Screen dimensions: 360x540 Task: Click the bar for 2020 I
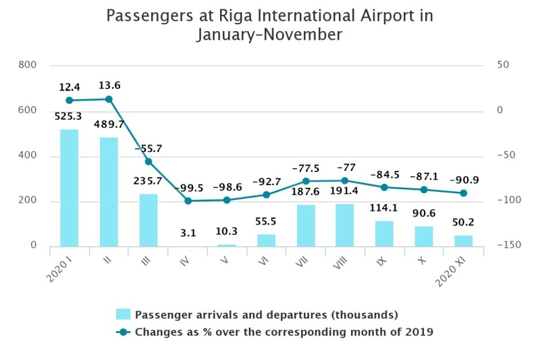[x=69, y=188]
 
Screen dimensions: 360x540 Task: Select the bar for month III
[x=148, y=220]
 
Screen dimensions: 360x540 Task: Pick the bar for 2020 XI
[x=463, y=240]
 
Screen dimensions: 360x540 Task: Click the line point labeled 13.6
[x=109, y=99]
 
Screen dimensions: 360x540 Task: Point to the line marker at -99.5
[x=188, y=201]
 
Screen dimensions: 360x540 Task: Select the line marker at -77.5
[x=306, y=181]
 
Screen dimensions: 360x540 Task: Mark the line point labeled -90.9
[x=463, y=193]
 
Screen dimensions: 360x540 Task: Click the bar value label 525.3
[x=69, y=117]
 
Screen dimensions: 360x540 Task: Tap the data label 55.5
[x=266, y=222]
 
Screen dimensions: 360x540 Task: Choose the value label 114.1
[x=384, y=209]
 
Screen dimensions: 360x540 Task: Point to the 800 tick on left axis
[x=28, y=65]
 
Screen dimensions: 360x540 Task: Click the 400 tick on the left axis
[x=28, y=156]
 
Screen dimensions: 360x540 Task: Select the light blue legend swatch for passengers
[x=123, y=315]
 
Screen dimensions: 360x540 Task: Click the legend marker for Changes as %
[x=123, y=332]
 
